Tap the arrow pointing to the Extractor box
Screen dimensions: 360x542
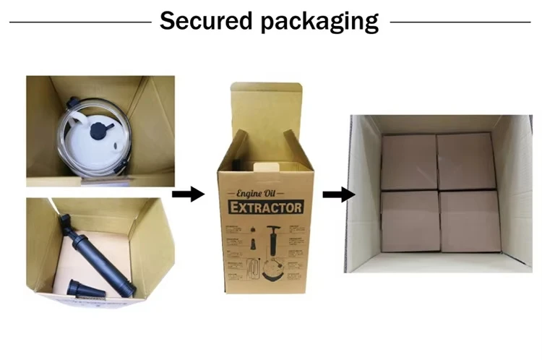pos(188,194)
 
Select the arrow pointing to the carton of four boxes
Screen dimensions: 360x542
pos(338,194)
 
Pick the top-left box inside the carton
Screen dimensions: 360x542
pos(409,160)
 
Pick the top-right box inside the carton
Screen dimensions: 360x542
pos(466,160)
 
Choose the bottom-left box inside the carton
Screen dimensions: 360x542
pos(410,220)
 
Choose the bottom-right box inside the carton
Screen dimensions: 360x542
pos(470,220)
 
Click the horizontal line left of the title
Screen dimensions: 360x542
pos(79,22)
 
